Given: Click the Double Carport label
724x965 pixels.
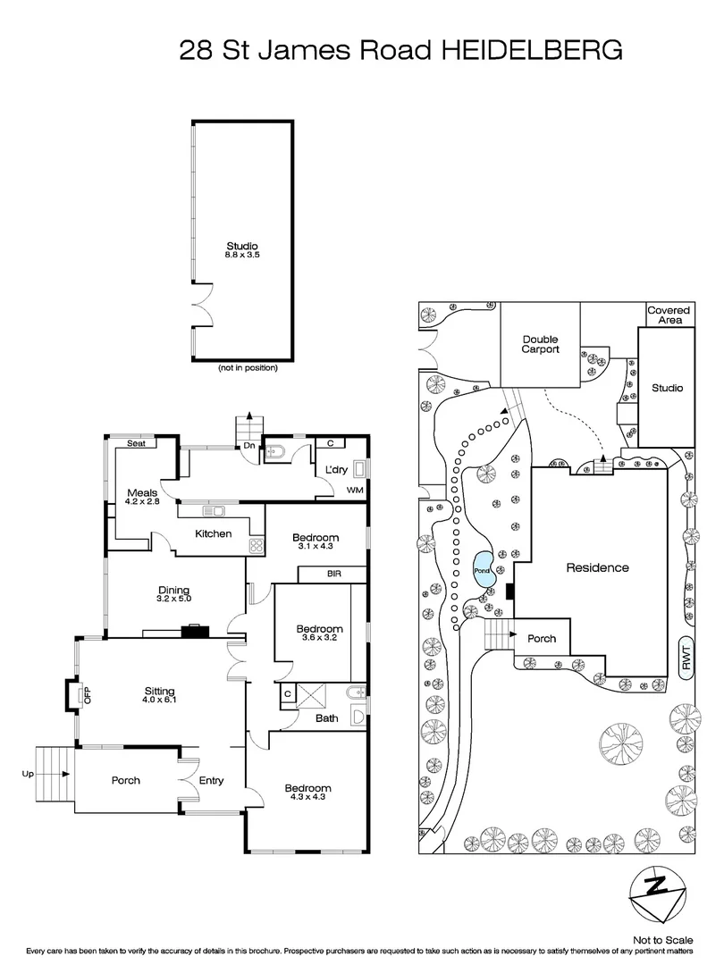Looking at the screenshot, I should (540, 344).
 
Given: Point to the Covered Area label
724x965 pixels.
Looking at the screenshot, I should (669, 315).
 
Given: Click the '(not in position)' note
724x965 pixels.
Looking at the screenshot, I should (248, 368).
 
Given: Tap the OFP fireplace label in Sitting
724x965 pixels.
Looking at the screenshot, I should (88, 694).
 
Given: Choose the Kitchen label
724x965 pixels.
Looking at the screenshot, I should (214, 533).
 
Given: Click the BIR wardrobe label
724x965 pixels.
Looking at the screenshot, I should (333, 574).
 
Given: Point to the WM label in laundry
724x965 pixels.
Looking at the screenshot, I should (354, 490).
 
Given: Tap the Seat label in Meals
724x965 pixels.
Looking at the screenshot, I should (136, 442).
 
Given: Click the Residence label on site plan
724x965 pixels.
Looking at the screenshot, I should (597, 568).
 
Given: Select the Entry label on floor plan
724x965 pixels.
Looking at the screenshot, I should (211, 780).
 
